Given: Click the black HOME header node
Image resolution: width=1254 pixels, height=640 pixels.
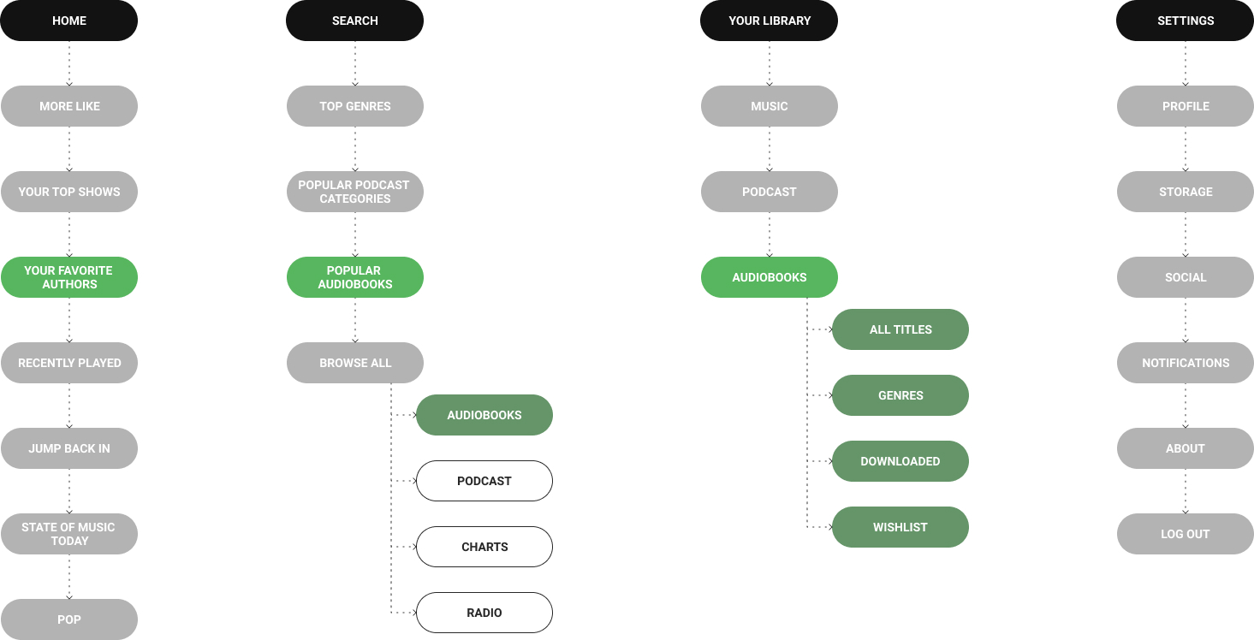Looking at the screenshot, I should [68, 21].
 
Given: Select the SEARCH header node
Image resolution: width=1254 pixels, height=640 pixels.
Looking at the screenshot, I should [354, 21].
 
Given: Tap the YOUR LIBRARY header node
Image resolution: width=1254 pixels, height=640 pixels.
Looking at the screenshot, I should [769, 21].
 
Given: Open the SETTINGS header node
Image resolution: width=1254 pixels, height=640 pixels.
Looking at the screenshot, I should [1185, 21].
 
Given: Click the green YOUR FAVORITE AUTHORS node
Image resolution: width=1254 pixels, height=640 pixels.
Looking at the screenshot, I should [68, 277].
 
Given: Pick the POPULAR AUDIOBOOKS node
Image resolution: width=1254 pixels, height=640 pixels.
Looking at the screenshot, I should [354, 277].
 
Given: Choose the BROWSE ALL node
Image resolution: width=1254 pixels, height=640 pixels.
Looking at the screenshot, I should [354, 363].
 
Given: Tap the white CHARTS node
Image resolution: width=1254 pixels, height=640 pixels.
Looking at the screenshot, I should [484, 547].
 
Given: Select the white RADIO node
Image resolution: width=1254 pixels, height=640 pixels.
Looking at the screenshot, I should [484, 613].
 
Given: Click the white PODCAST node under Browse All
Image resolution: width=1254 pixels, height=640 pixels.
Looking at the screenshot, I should [484, 481].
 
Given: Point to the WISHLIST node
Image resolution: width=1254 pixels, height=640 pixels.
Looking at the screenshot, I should [900, 527].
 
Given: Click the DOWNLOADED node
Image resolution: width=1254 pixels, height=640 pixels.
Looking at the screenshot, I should [900, 461].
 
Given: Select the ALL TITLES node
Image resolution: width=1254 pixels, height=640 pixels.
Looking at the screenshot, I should [900, 329].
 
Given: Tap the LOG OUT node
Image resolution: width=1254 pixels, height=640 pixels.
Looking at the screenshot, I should [1185, 534].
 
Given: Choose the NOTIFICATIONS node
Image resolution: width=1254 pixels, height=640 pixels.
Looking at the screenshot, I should [1185, 363].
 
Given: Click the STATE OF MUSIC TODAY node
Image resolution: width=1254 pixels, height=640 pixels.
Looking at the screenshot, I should [68, 534].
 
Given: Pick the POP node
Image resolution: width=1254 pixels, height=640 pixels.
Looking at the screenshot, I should [68, 619].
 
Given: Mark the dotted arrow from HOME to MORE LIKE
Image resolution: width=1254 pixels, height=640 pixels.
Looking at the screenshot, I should [69, 63].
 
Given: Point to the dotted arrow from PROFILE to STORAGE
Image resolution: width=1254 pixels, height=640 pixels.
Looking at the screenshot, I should [1186, 149].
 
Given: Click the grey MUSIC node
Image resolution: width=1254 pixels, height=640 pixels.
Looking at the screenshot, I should [769, 106].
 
